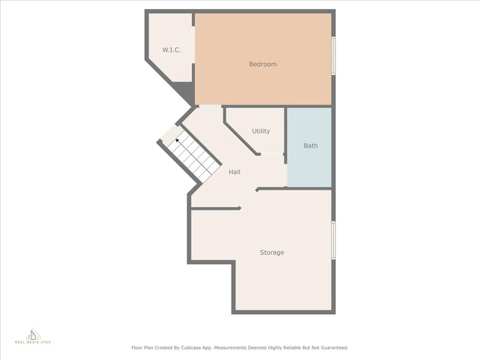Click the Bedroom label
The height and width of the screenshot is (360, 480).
point(263,64)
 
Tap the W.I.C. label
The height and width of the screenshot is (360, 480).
point(172,50)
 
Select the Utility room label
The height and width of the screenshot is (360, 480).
point(261,131)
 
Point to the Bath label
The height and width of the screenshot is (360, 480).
point(310,145)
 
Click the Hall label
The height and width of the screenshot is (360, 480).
point(235,172)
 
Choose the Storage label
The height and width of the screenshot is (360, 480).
point(271,253)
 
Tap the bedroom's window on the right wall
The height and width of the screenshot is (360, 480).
point(334,55)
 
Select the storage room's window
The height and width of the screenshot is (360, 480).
point(334,241)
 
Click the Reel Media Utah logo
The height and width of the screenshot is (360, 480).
point(33,336)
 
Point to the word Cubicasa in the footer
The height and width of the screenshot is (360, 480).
point(190,348)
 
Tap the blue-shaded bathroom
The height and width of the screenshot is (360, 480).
point(309,147)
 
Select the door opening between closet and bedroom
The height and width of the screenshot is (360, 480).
point(193,45)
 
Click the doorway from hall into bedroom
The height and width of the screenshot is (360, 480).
point(210,106)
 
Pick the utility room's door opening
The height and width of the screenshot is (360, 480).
point(272,154)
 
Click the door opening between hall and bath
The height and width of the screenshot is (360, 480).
point(286,175)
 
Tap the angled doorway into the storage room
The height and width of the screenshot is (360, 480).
point(248,199)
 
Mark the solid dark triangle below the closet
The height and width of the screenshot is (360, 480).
point(185,91)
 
